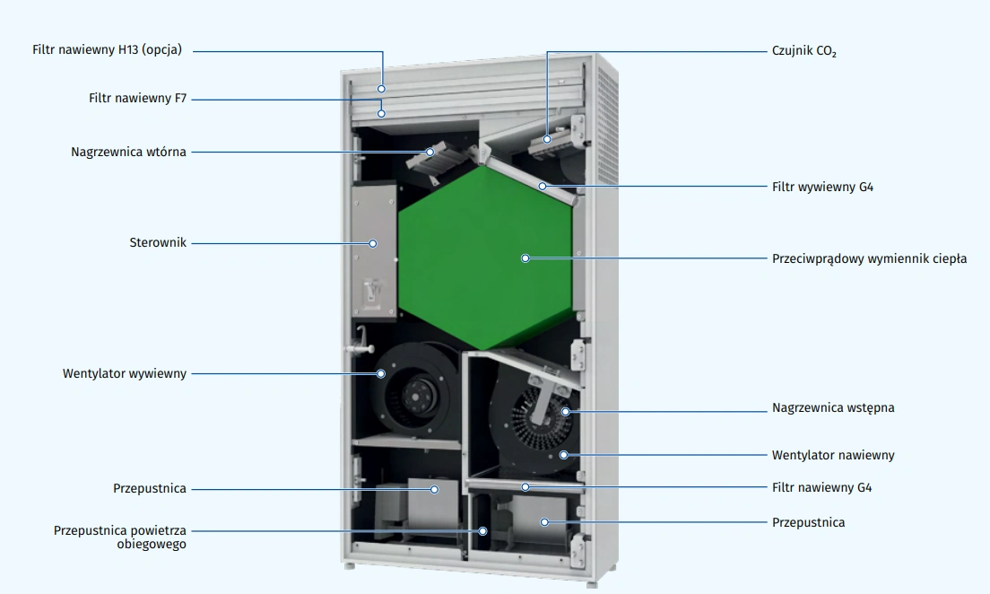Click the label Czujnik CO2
803,51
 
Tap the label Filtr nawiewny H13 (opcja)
108,49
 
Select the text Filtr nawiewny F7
137,98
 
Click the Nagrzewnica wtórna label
129,152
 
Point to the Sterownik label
158,242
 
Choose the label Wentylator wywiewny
125,373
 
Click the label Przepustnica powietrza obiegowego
120,537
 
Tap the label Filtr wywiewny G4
822,187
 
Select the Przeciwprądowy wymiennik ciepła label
870,258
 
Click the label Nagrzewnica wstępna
833,407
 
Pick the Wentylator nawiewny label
833,455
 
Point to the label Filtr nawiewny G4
821,487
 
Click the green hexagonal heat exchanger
485,258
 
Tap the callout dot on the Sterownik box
373,243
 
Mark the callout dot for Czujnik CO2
547,139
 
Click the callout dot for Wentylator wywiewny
381,374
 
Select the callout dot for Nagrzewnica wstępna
566,412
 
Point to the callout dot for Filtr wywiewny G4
543,187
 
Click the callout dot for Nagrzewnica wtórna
430,152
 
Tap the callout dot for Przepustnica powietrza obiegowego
482,531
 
